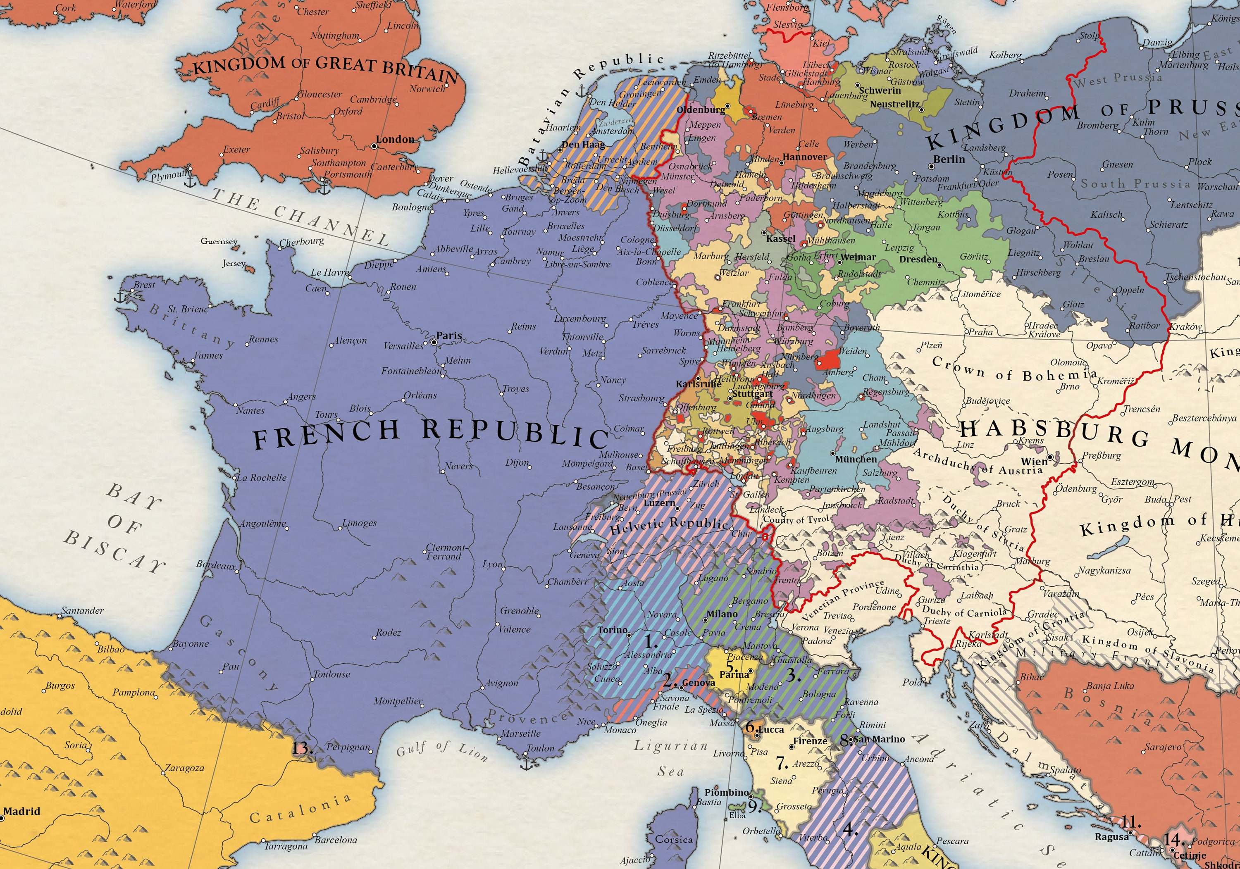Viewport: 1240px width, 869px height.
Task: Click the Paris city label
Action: point(449,336)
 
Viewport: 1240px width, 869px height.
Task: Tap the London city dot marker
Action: point(373,146)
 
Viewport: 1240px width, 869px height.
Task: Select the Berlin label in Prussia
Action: point(949,160)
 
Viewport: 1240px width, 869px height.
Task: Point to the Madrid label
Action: point(21,811)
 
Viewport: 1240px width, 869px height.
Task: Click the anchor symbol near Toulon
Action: point(527,763)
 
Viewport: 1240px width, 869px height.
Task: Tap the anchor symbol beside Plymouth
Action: point(190,181)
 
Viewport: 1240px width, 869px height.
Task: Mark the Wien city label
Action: point(1034,462)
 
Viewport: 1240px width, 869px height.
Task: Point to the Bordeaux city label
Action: point(216,565)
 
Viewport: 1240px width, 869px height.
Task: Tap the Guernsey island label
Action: point(219,241)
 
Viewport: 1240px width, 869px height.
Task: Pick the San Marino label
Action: point(879,739)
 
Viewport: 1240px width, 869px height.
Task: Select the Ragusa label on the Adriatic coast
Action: point(1111,837)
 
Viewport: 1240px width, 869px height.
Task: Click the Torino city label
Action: point(613,630)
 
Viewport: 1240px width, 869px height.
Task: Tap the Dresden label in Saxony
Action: point(918,259)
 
